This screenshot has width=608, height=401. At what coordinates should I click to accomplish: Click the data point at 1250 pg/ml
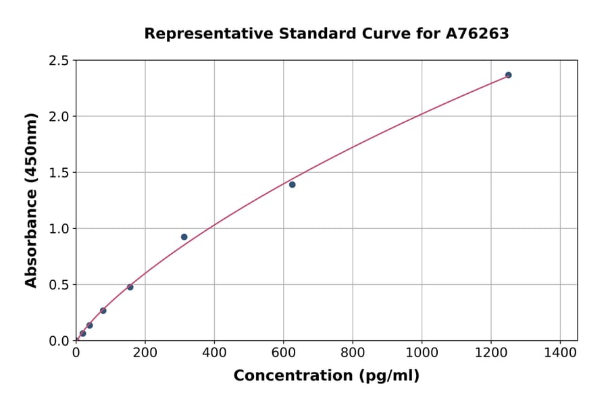point(508,75)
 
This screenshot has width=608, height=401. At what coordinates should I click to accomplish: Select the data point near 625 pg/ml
point(292,184)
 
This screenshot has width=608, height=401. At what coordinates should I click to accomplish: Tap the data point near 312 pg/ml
point(184,237)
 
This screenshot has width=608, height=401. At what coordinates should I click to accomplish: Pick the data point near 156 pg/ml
point(130,287)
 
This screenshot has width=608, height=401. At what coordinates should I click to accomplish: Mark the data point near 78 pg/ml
point(103,311)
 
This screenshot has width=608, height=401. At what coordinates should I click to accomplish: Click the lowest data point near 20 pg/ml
point(82,333)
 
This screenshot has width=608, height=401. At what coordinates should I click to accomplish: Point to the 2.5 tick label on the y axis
point(59,61)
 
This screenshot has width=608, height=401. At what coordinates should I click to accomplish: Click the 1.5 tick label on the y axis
point(59,173)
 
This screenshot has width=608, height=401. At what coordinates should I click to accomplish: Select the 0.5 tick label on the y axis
point(59,285)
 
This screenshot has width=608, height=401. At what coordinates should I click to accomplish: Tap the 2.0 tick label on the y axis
point(59,117)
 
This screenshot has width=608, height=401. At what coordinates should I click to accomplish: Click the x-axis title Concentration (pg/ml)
point(326,376)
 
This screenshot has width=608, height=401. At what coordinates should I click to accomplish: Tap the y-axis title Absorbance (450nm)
point(31,200)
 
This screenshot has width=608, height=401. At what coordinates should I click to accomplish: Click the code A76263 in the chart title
point(478,34)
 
